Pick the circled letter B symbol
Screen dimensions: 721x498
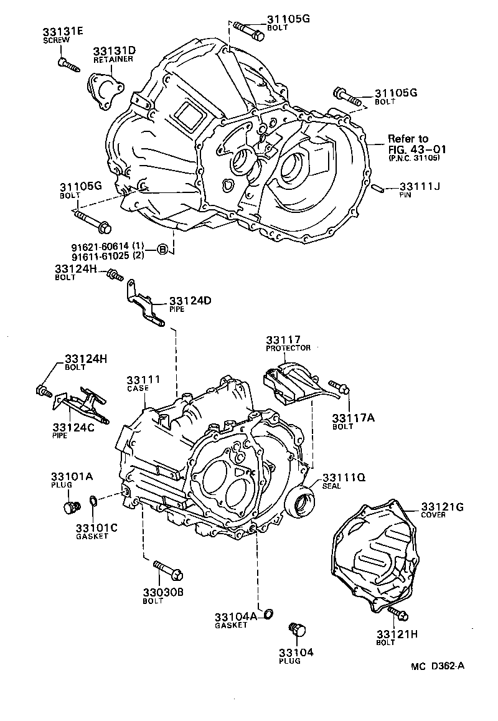click(161, 250)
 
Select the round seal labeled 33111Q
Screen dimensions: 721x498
click(299, 499)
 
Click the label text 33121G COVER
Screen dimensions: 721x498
click(442, 510)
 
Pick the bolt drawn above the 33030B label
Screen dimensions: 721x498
click(166, 568)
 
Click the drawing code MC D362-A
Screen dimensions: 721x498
click(437, 666)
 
